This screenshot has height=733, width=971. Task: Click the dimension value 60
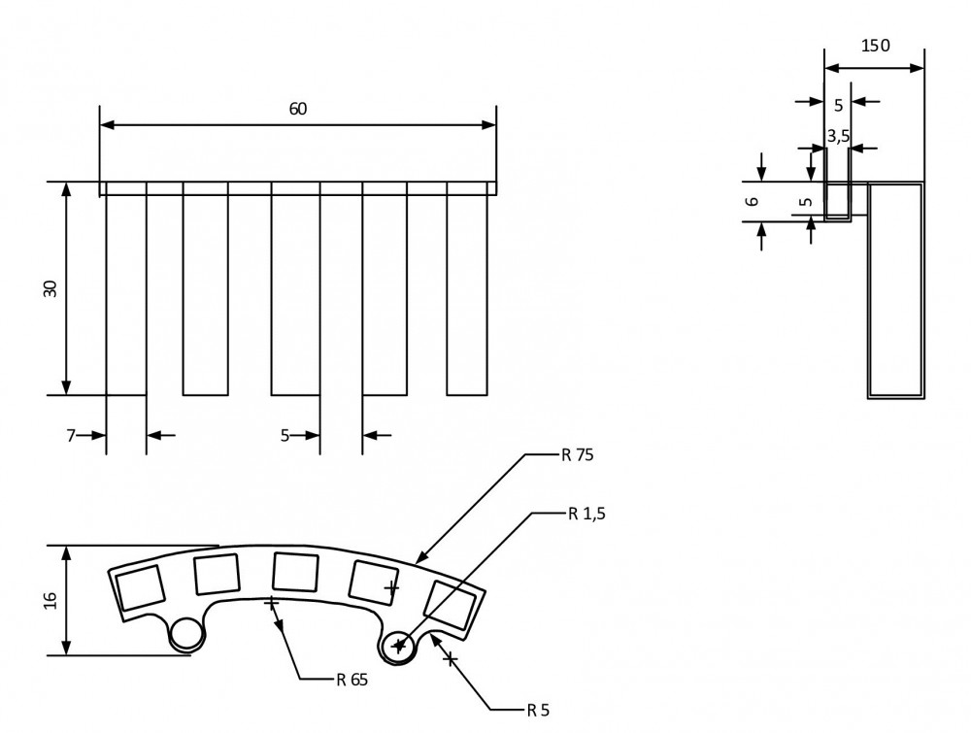[x=298, y=109]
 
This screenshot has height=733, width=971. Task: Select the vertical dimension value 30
[x=50, y=288]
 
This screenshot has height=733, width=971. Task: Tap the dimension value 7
[x=71, y=435]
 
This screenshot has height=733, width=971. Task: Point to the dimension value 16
[x=50, y=599]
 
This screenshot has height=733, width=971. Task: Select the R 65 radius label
[x=352, y=679]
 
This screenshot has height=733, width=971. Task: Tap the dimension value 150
[x=875, y=46]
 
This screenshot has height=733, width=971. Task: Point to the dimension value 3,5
[x=838, y=136]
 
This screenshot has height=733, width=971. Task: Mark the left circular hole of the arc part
[x=186, y=634]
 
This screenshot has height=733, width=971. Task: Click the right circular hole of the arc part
[x=398, y=645]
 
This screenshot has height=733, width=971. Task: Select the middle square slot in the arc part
[x=295, y=571]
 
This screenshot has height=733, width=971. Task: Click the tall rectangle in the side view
[x=895, y=289]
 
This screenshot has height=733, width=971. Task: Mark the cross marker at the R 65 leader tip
[x=272, y=604]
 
